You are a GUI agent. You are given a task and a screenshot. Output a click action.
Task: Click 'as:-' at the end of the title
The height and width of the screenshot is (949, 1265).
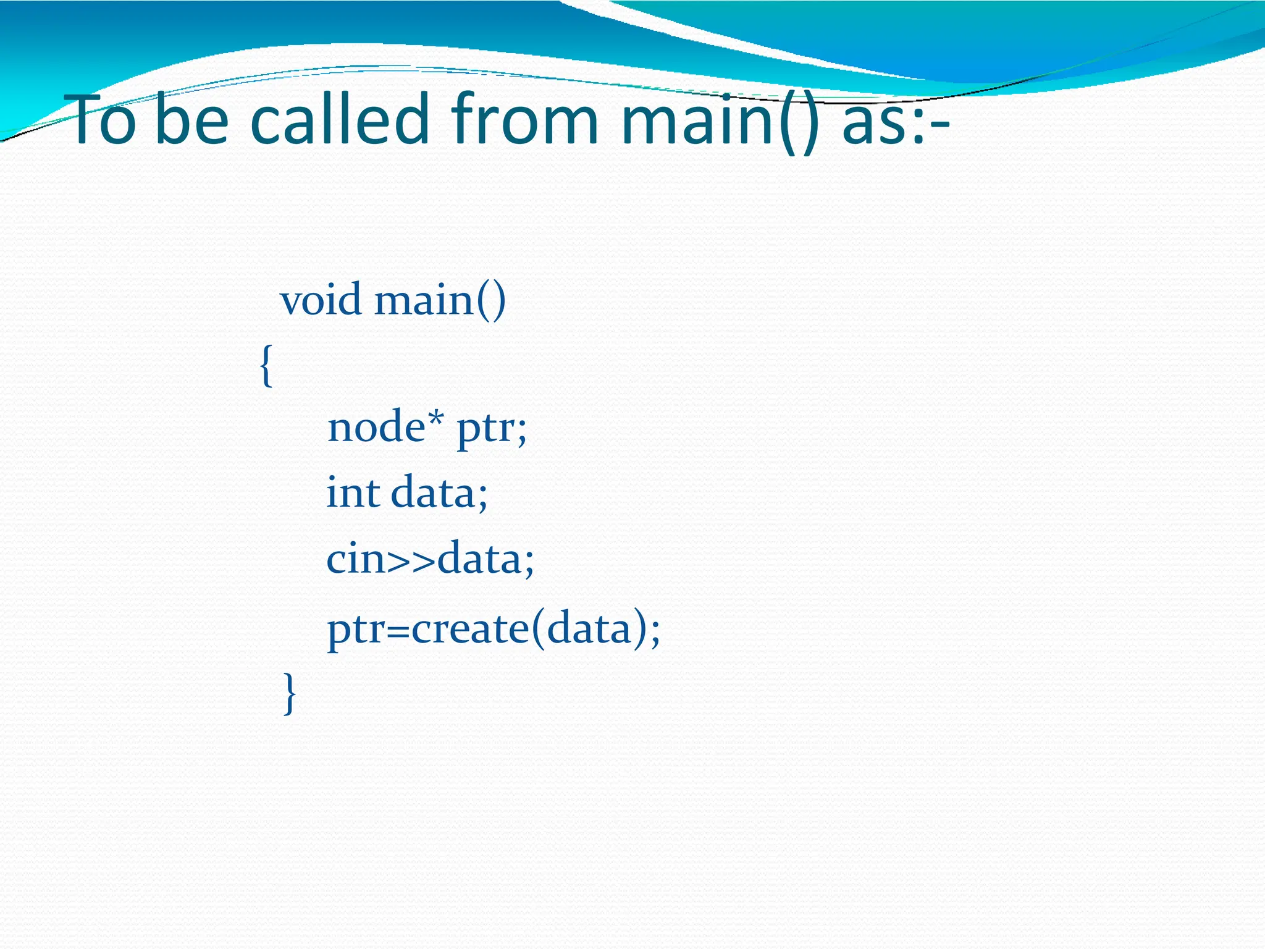896,120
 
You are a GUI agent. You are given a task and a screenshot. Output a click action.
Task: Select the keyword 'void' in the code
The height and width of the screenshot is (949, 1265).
321,300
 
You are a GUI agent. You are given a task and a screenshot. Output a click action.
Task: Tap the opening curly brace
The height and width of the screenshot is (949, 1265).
266,366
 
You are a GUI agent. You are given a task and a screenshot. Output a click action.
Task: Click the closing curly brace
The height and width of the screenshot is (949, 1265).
290,693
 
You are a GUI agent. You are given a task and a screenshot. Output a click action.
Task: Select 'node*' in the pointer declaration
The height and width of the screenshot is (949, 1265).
385,427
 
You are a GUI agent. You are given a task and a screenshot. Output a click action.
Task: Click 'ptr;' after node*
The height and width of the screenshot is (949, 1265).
492,429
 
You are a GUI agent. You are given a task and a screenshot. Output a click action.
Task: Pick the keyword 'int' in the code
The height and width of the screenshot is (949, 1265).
353,493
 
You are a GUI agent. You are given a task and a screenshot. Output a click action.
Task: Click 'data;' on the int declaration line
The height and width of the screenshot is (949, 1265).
440,493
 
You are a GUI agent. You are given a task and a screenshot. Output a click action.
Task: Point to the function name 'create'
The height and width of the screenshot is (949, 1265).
469,629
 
